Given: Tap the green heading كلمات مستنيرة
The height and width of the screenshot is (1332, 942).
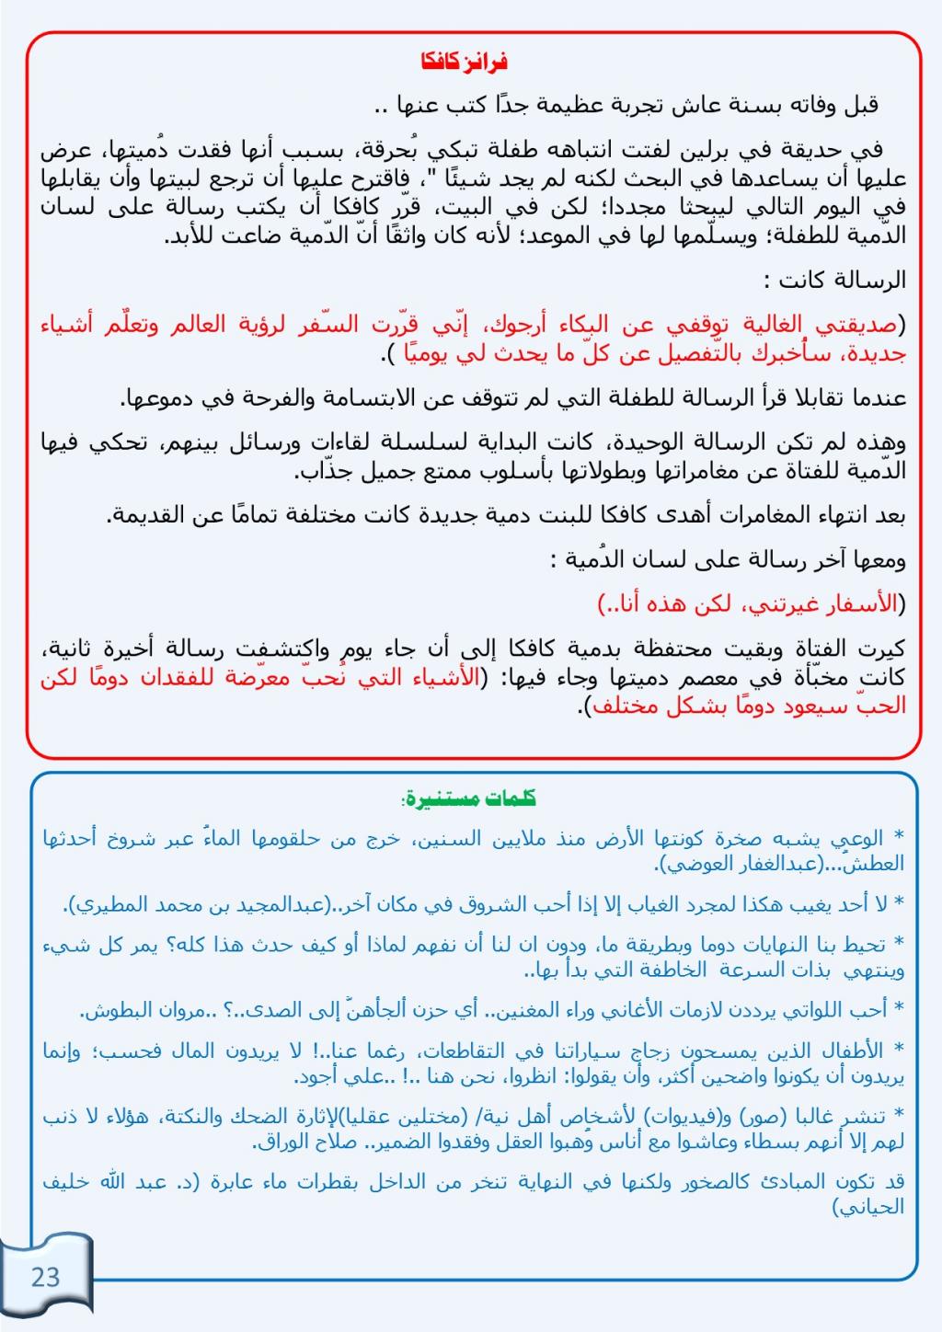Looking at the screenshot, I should [470, 798].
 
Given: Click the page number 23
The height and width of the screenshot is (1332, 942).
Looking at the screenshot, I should [45, 1277].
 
